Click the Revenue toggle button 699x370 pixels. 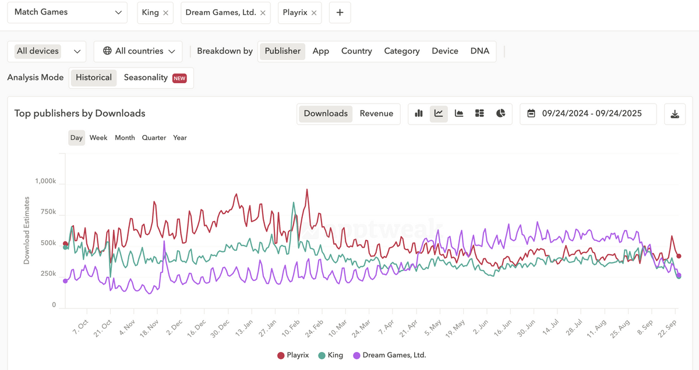pos(376,113)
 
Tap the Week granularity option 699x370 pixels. pos(98,138)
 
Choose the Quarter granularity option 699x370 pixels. pos(154,138)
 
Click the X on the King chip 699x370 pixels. pos(165,13)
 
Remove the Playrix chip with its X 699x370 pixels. pos(314,13)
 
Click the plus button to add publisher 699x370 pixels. pos(340,12)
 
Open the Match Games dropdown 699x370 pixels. pos(68,12)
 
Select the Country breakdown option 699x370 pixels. pos(356,51)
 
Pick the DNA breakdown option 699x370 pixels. pos(479,51)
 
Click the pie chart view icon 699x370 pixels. pos(500,113)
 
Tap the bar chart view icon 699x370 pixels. pos(419,113)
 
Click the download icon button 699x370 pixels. pos(675,114)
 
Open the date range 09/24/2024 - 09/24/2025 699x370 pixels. pos(588,114)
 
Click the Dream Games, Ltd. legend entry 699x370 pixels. pos(390,355)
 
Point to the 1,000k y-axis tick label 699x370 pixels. pos(45,181)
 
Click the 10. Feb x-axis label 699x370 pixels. pos(291,328)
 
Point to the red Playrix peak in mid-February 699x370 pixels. pos(307,189)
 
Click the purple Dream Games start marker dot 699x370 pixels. pos(65,281)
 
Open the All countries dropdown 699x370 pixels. pos(138,51)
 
